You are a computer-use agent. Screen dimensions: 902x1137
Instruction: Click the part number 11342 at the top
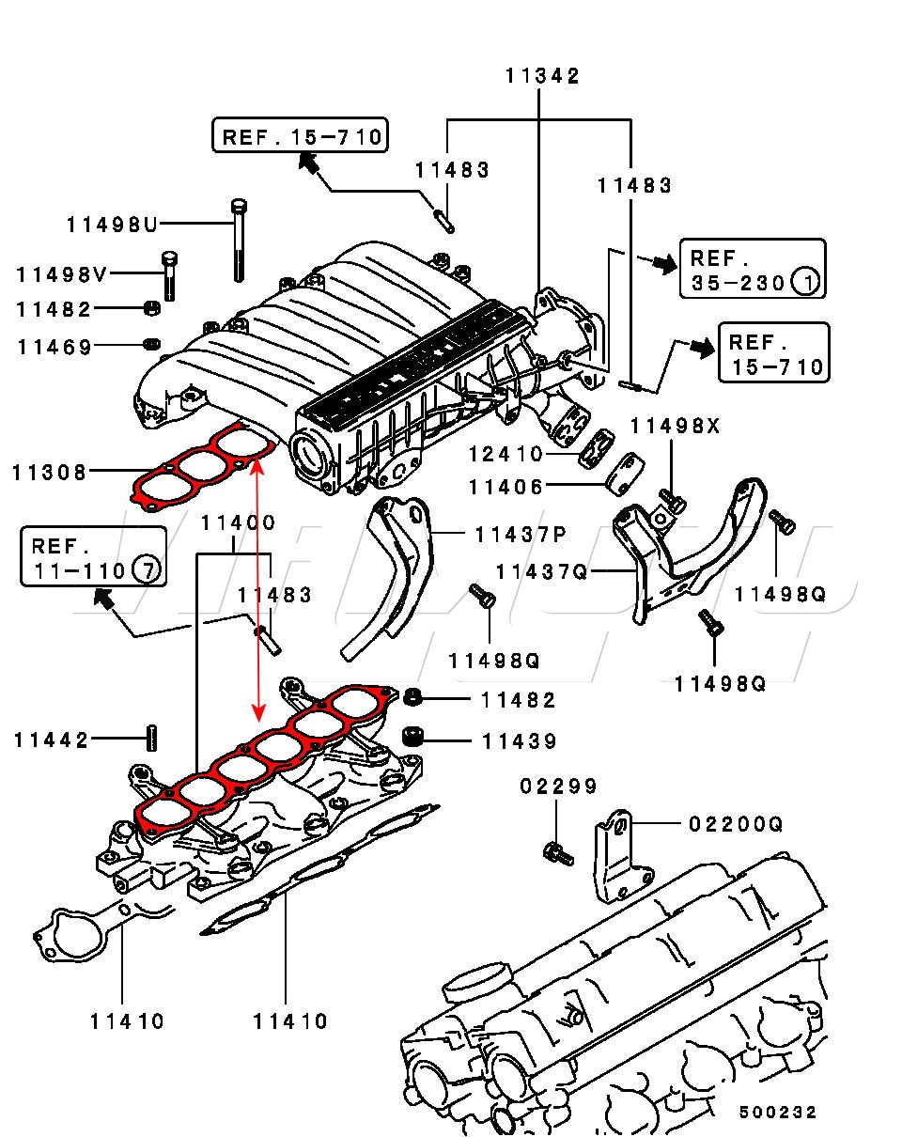pos(542,75)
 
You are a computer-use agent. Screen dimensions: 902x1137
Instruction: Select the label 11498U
pos(112,225)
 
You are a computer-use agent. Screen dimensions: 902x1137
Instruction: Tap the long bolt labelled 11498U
pos(239,241)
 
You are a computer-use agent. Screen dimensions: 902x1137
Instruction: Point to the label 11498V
pos(62,274)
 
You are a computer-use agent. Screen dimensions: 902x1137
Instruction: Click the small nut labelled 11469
pos(152,344)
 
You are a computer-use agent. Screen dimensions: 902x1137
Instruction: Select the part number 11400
pos(239,522)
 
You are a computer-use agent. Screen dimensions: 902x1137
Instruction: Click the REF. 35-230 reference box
pos(752,269)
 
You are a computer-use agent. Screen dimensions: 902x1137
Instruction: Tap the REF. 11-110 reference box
pos(94,556)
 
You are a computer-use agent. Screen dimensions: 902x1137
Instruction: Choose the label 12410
pos(505,454)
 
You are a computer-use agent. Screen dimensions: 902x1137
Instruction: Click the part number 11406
pos(505,487)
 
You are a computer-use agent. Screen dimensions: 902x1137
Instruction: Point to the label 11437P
pos(521,535)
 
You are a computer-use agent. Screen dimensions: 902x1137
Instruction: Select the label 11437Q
pos(541,571)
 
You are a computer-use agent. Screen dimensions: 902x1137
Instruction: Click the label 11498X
pos(676,426)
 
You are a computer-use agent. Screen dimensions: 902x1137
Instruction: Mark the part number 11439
pos(520,741)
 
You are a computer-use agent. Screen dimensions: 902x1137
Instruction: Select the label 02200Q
pos(736,824)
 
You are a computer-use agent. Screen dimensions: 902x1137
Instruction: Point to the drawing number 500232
pos(778,1113)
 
